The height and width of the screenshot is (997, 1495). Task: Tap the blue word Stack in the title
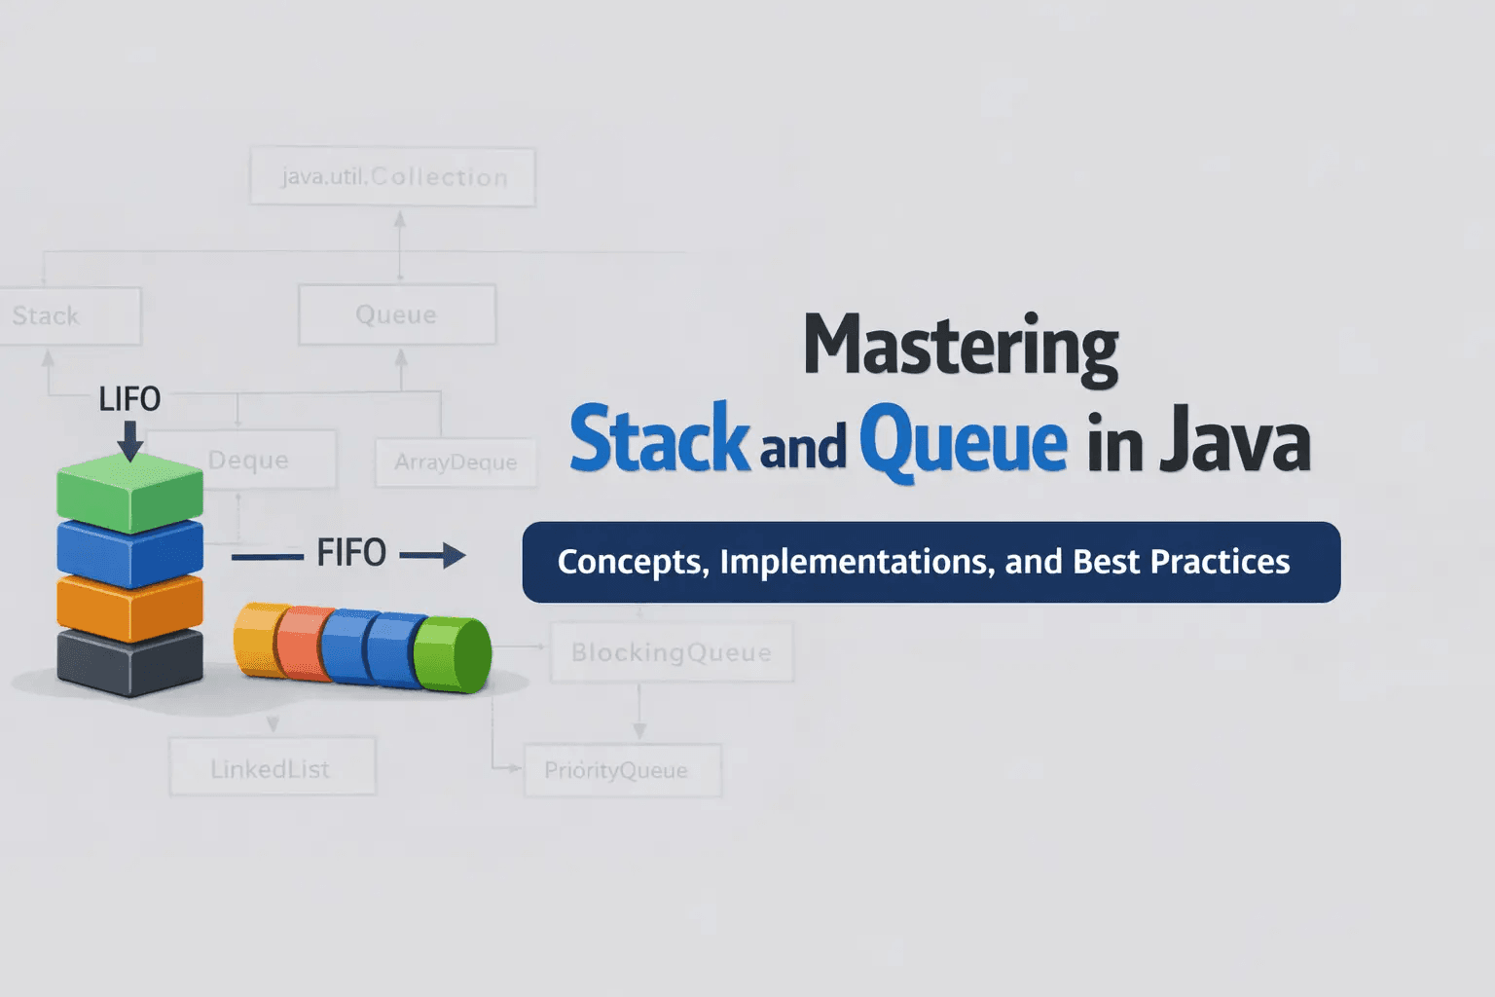pos(659,440)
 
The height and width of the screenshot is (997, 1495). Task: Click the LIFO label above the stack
pos(129,399)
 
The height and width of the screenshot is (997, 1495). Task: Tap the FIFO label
pos(351,553)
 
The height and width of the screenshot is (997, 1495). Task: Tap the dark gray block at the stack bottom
pos(129,662)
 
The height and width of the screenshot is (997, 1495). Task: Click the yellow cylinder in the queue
pos(255,639)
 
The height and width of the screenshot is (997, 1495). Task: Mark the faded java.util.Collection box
pos(393,177)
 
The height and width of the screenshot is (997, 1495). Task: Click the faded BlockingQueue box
pos(672,652)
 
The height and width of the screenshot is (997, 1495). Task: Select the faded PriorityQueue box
pos(623,771)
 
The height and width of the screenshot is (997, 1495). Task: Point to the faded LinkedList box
pos(272,768)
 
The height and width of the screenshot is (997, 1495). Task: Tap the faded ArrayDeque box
pos(456,462)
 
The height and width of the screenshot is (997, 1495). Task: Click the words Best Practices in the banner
pos(1181,562)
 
